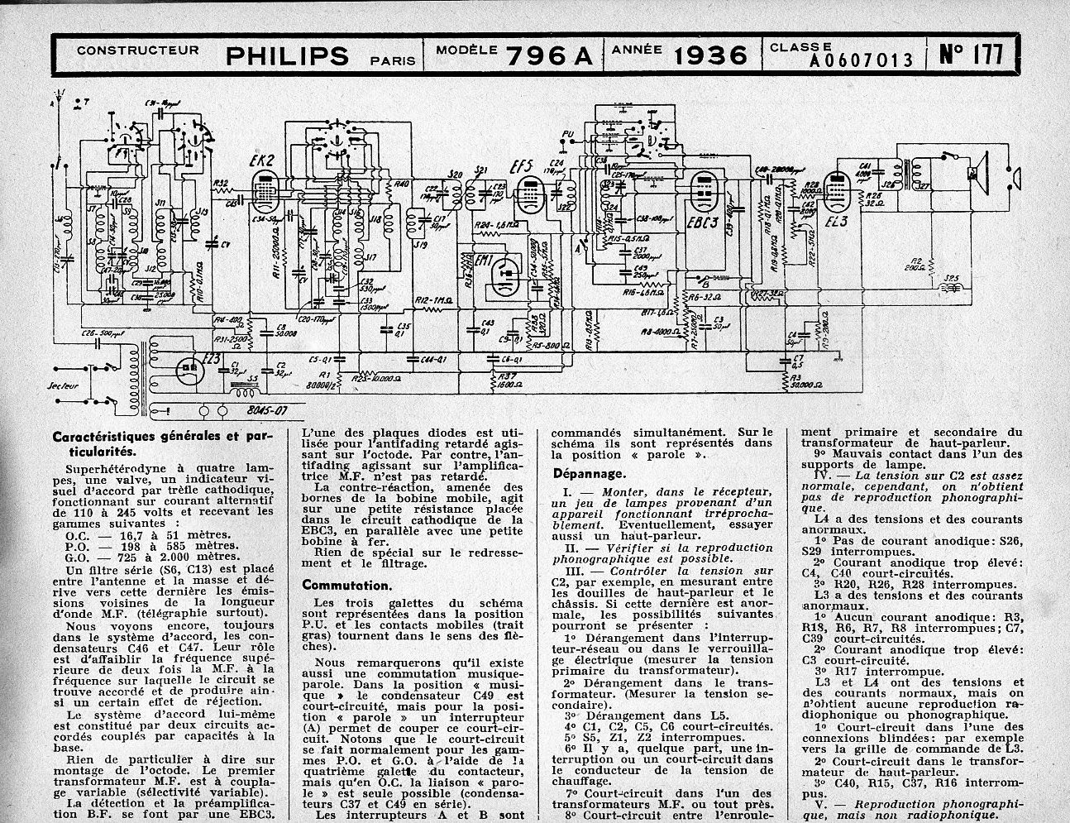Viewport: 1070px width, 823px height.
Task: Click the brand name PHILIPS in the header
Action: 287,55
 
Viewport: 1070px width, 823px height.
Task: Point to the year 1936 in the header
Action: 710,55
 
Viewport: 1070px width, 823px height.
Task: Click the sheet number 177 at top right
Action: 973,55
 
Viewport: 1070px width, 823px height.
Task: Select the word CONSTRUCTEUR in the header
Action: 137,50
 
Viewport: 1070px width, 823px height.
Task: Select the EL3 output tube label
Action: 837,223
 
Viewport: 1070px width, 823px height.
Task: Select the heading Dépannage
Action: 589,474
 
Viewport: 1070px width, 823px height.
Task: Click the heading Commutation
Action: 346,585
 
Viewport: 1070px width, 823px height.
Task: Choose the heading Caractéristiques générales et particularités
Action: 161,443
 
